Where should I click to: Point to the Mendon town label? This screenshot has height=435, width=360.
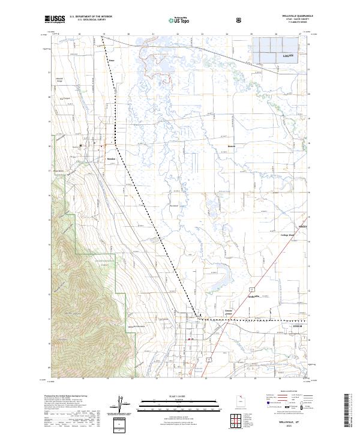110,159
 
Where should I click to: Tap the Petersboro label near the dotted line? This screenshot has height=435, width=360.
112,60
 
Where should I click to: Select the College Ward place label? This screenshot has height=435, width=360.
288,235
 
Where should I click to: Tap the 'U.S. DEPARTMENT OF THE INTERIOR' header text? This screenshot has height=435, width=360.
91,17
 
